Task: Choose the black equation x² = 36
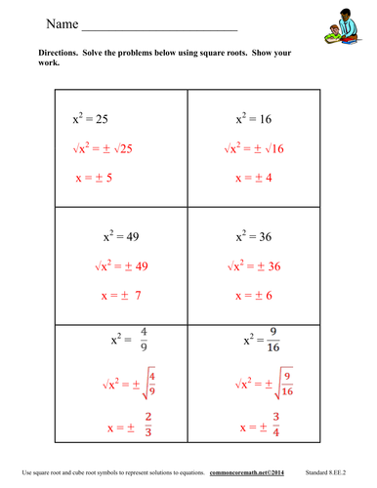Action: (256, 235)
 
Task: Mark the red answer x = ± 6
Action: (257, 294)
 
